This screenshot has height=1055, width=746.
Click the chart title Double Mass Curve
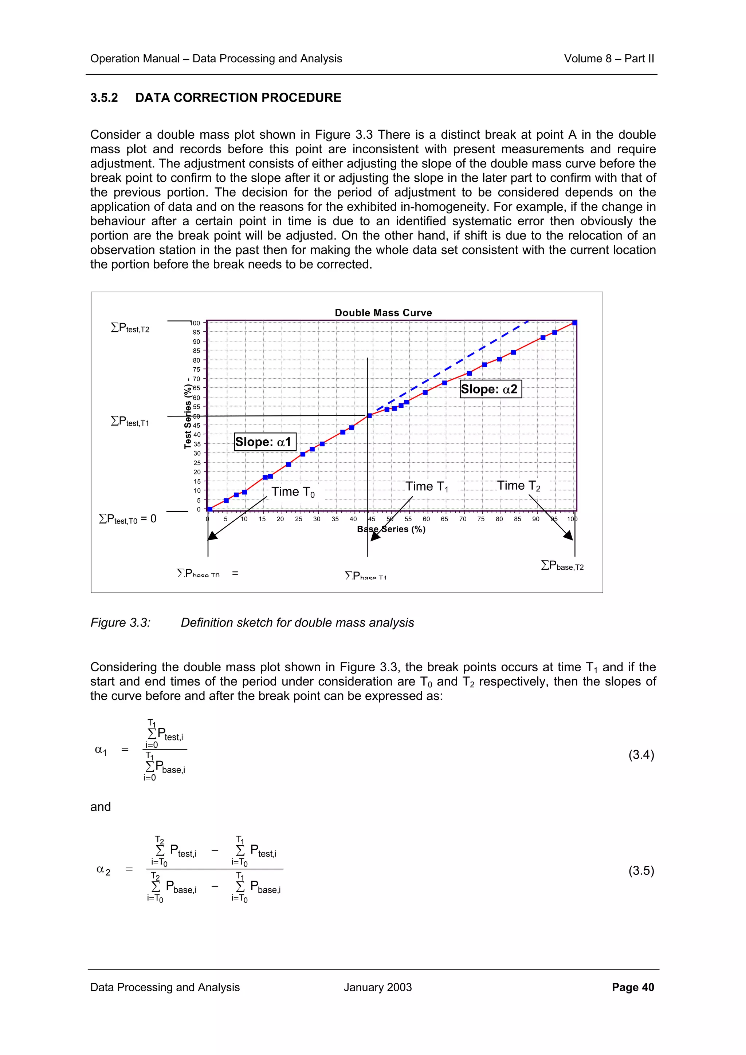coord(383,313)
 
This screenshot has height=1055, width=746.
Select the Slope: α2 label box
coord(490,389)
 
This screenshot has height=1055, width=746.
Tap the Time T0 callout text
coord(293,492)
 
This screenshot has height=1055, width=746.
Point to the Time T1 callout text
coord(426,487)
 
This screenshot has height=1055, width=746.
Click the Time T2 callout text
coord(518,486)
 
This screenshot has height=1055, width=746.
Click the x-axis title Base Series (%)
coord(391,529)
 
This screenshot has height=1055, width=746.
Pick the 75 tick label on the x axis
coord(481,519)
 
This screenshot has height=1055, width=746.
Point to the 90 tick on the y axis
coord(197,341)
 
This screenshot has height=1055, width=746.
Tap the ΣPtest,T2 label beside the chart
coord(130,328)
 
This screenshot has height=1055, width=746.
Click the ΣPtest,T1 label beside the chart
coord(130,421)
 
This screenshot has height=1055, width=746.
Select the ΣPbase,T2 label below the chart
coord(562,566)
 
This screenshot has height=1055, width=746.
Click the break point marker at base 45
coord(369,416)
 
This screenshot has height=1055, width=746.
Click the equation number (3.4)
coord(641,755)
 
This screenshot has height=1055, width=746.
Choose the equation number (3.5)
coord(641,870)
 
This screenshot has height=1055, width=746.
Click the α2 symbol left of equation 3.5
coord(103,870)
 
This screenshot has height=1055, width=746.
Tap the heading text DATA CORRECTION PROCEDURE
coord(238,98)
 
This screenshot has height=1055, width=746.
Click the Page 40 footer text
coord(632,987)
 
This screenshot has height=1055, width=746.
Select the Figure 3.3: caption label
coord(121,623)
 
